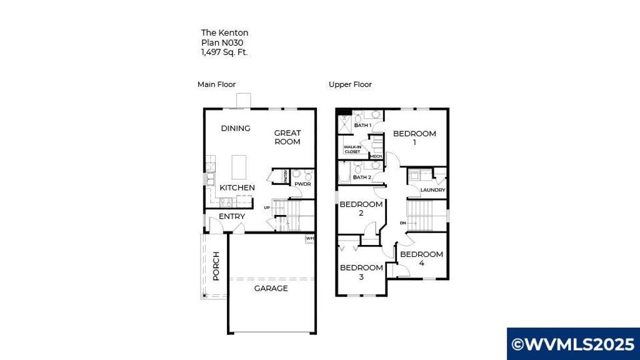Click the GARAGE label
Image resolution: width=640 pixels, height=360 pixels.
271,288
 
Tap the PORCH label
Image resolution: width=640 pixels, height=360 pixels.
216,266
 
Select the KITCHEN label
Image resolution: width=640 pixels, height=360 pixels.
237,187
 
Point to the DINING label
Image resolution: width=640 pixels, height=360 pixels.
236,128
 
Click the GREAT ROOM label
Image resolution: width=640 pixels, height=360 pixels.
287,137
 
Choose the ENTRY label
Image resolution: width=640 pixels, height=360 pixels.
232,216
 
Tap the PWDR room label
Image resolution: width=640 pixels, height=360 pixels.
303,184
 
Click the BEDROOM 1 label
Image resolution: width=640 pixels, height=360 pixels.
414,137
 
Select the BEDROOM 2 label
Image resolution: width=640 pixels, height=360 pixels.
361,209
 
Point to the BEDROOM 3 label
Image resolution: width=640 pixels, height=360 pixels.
361,272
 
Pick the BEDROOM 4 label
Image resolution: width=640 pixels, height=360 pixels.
422,259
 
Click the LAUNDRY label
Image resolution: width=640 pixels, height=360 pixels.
432,190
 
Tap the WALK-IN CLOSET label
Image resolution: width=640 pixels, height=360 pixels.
352,149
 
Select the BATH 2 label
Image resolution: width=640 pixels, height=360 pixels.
362,177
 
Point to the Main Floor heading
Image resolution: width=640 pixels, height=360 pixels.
216,84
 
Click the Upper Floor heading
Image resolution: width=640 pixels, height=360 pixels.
350,84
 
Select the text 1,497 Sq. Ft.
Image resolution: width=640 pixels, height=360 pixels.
224,52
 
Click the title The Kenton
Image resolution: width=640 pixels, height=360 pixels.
224,32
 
